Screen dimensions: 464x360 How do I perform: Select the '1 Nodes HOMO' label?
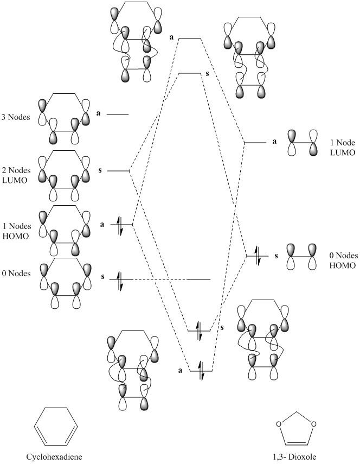tap(17, 230)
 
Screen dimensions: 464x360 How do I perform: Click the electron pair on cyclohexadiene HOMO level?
tap(121, 224)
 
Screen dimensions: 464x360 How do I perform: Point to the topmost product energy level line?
tap(190, 39)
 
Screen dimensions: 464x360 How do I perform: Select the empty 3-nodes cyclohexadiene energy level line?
tap(118, 115)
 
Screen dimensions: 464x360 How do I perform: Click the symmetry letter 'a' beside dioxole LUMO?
tap(274, 142)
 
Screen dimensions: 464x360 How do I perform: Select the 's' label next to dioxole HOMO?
tap(276, 255)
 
